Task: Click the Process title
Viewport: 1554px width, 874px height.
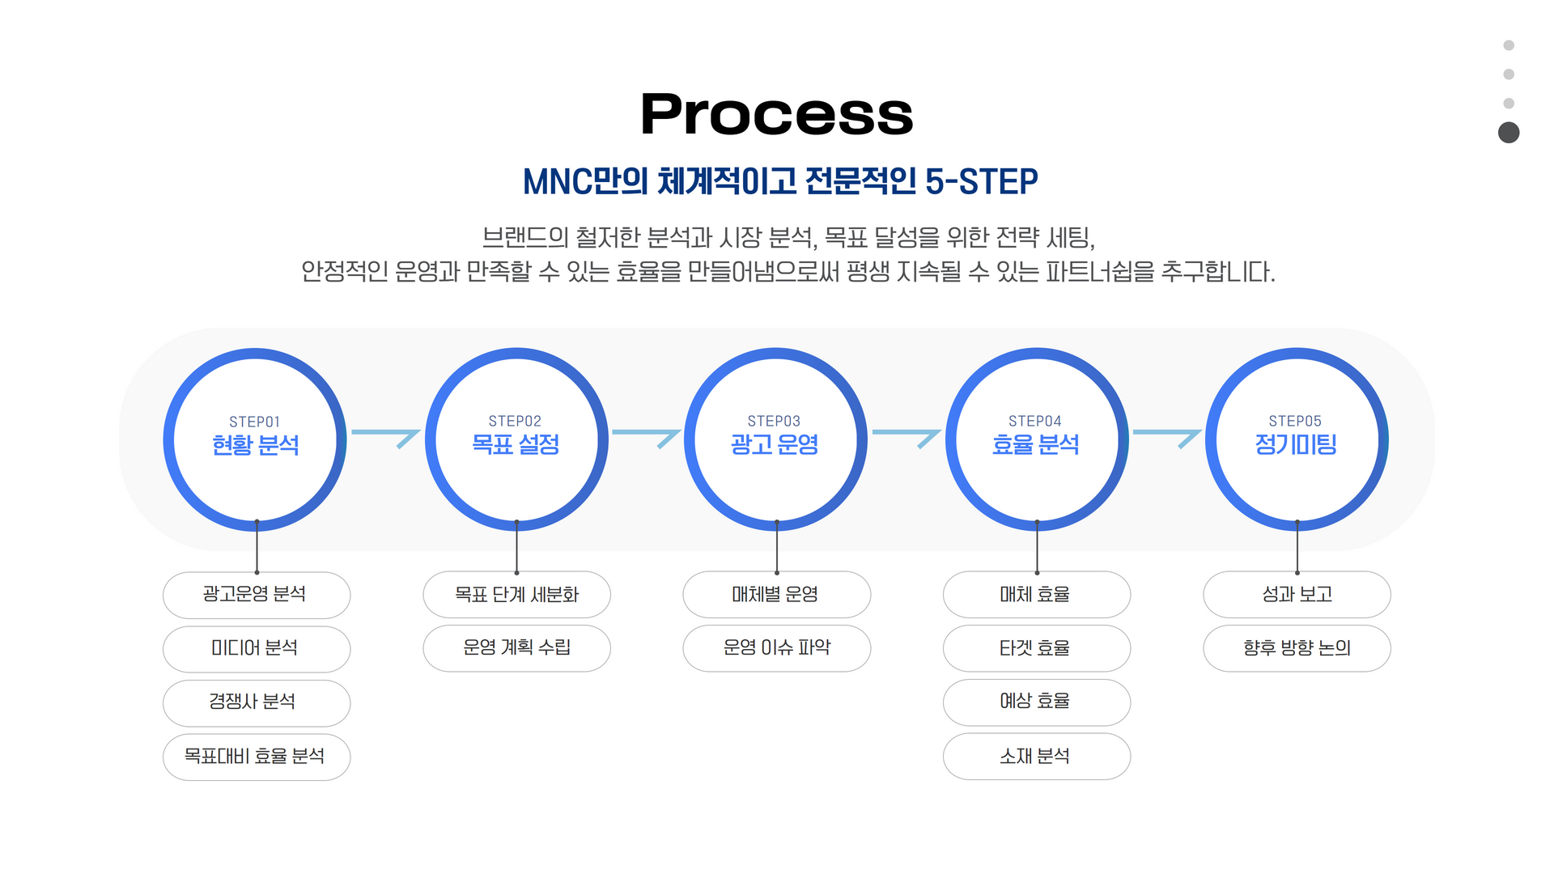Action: click(x=776, y=114)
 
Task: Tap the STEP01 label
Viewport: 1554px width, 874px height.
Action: click(x=254, y=422)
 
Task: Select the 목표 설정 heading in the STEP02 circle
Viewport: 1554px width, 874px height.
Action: click(x=516, y=444)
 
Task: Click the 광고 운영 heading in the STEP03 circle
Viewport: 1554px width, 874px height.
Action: click(x=775, y=444)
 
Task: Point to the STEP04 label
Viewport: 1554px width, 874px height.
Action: click(x=1034, y=421)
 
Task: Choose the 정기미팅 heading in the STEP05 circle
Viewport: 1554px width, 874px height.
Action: click(x=1295, y=444)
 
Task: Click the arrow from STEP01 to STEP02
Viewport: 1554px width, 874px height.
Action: click(x=386, y=436)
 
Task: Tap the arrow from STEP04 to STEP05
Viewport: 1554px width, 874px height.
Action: click(x=1166, y=436)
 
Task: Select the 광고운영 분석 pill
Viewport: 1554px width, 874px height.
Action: click(x=256, y=595)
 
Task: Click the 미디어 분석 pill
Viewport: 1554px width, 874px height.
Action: click(x=256, y=648)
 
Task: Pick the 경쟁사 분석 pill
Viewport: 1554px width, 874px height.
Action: click(x=256, y=702)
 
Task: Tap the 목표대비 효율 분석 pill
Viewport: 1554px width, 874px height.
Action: click(x=256, y=757)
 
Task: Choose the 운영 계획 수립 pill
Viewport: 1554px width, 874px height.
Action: click(x=516, y=647)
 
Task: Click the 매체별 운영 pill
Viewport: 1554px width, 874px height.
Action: click(x=776, y=595)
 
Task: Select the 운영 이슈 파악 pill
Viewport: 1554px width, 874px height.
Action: click(x=776, y=647)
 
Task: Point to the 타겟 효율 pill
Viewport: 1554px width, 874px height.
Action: click(x=1036, y=648)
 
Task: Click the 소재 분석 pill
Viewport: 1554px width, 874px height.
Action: click(x=1036, y=757)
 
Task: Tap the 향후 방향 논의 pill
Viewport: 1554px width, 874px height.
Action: click(x=1297, y=647)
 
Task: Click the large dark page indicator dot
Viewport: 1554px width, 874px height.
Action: click(x=1509, y=133)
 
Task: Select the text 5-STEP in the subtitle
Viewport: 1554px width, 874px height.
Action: click(x=981, y=181)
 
